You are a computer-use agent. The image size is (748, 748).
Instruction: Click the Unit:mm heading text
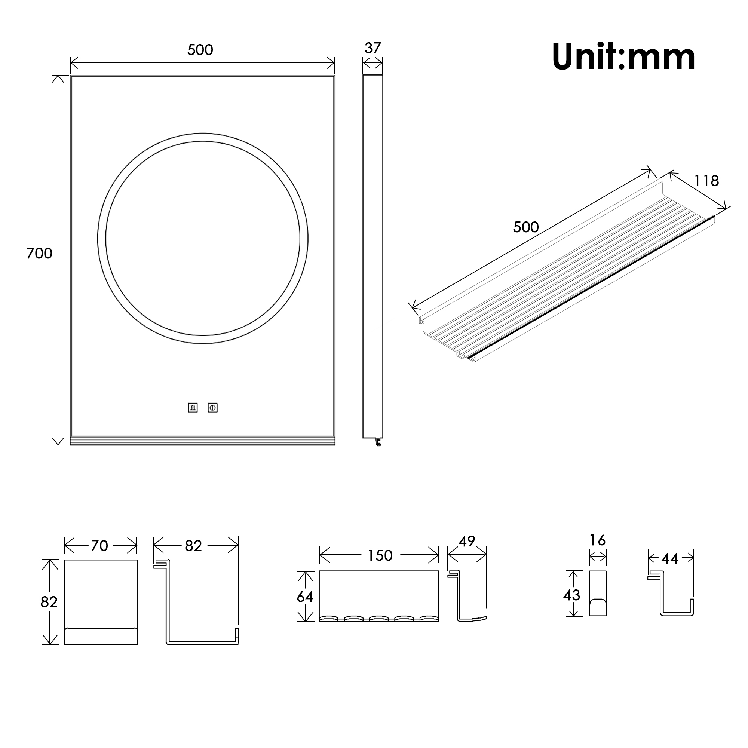click(624, 57)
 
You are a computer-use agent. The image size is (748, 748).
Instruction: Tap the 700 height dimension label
click(39, 253)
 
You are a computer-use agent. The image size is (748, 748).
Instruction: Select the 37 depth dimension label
click(373, 48)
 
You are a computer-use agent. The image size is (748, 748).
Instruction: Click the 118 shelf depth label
click(706, 181)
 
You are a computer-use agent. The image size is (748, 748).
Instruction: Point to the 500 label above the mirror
click(200, 50)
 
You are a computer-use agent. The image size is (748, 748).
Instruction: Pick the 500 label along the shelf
click(526, 227)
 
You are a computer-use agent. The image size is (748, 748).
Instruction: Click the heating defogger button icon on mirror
click(193, 408)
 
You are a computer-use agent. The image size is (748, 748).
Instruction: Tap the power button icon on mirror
click(212, 408)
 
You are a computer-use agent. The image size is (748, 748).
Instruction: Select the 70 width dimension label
click(99, 546)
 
